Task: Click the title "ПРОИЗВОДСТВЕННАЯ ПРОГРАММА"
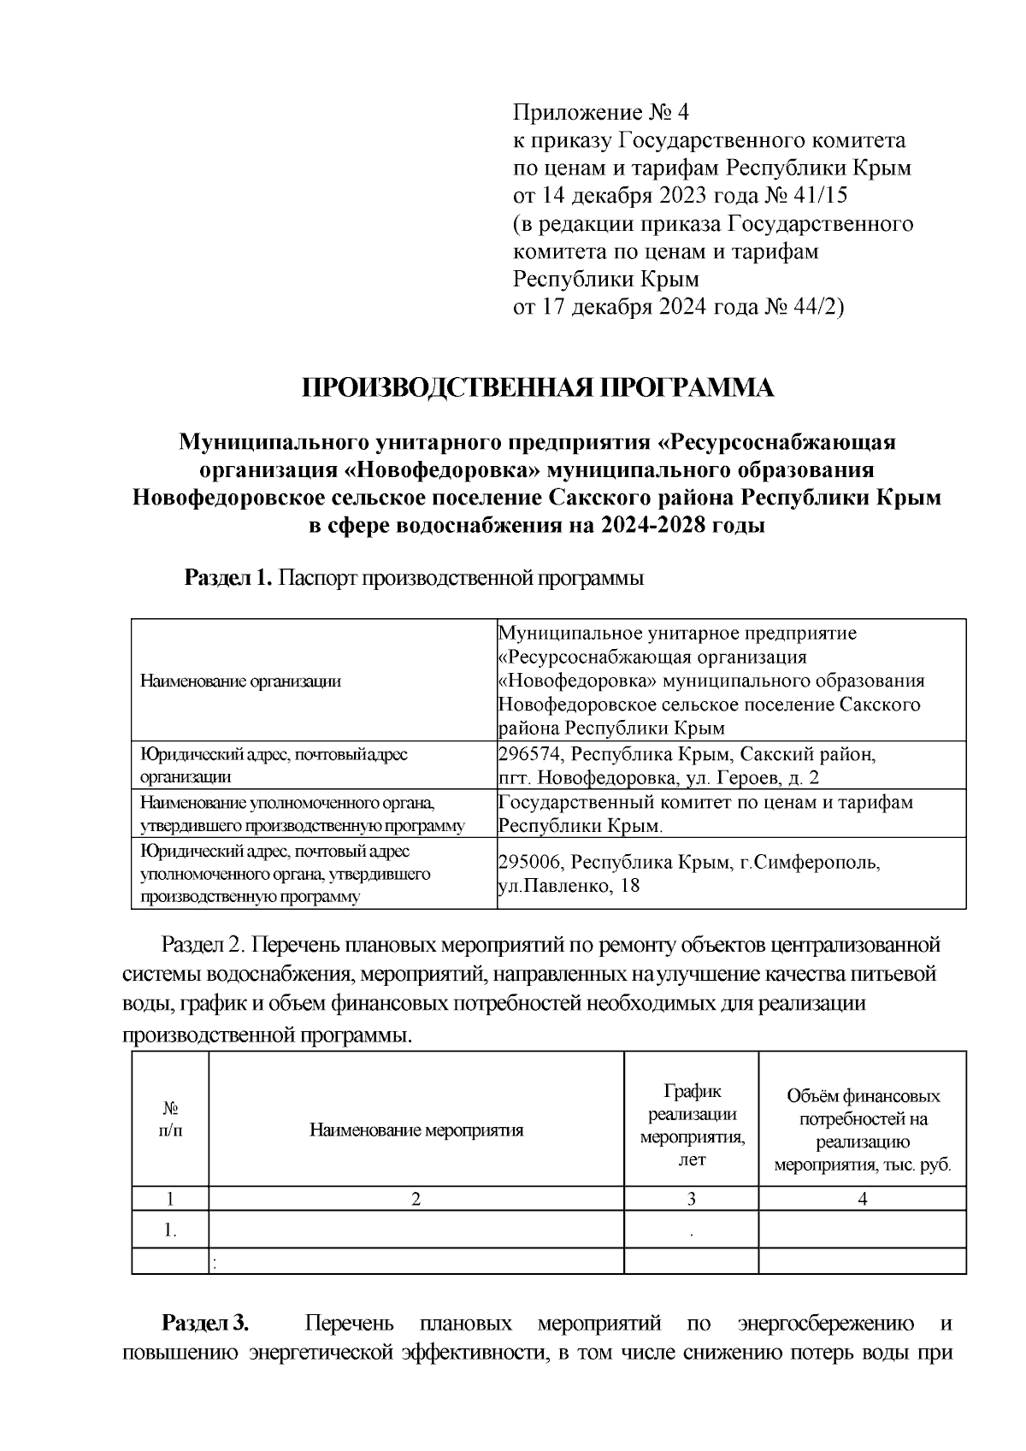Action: point(538,388)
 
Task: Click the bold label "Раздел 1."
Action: point(228,578)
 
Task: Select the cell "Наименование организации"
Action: point(240,681)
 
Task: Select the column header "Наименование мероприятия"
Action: point(416,1130)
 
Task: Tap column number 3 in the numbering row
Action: point(692,1199)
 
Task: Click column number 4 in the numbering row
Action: point(862,1199)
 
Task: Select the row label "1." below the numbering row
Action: point(171,1230)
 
